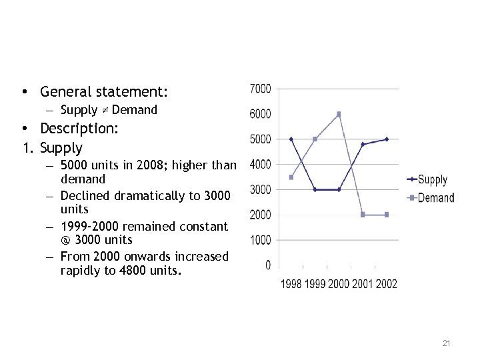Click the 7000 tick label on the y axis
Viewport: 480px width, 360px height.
pos(260,89)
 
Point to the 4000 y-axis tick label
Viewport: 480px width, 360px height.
pos(260,164)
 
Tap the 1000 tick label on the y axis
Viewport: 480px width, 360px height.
pos(260,240)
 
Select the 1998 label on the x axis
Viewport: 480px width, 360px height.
pos(291,284)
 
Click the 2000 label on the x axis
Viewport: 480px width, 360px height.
pos(339,284)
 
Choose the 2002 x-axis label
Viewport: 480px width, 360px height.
pos(387,284)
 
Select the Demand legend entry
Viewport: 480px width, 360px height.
pos(435,198)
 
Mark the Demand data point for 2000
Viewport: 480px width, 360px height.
pos(339,114)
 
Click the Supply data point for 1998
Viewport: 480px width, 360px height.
pos(291,139)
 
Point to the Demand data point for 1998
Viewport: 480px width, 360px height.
pos(291,177)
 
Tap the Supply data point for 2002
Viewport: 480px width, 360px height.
pos(387,139)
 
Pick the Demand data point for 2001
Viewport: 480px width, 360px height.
pos(363,215)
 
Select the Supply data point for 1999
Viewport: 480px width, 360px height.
pos(315,189)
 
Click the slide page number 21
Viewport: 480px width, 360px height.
pos(447,343)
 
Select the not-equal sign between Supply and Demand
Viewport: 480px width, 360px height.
pos(105,110)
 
